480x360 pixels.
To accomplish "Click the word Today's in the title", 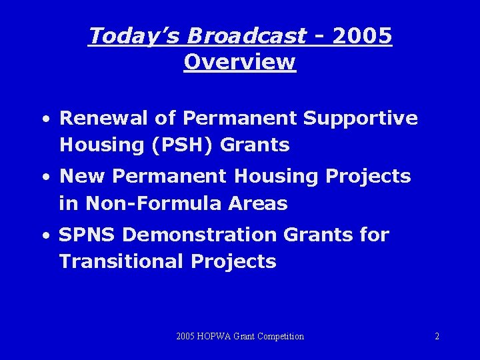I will pos(127,36).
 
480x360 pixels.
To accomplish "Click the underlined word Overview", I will pos(239,62).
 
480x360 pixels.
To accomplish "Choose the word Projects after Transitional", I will pos(233,262).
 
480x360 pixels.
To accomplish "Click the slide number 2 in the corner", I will pos(437,337).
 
